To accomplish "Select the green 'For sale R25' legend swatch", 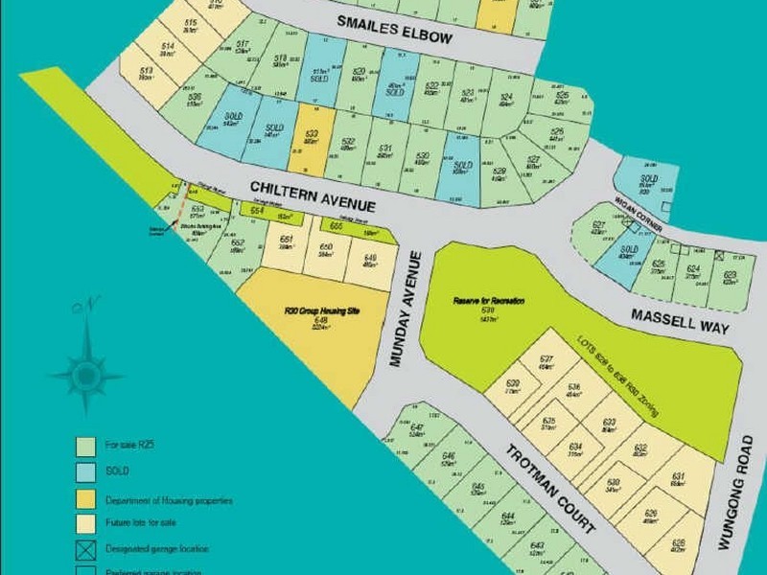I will tap(84, 445).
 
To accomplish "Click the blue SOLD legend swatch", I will tap(84, 471).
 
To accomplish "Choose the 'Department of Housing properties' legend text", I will tap(169, 499).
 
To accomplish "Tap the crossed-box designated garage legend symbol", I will tap(84, 549).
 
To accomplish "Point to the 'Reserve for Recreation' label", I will tap(489, 301).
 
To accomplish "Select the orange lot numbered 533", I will tap(311, 134).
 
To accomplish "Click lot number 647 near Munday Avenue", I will tap(416, 428).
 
